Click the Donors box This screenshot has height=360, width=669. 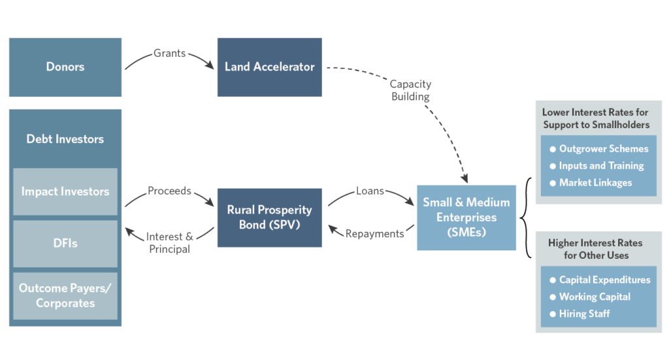65,67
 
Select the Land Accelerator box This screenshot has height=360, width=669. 269,67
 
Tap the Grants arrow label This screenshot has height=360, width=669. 169,53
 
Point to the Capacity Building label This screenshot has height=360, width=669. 410,90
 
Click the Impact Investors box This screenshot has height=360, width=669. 65,191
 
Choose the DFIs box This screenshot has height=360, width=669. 65,244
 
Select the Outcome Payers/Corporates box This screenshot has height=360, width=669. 65,295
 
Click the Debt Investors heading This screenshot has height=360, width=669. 65,139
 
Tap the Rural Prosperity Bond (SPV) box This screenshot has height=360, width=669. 269,217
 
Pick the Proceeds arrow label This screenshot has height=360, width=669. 169,191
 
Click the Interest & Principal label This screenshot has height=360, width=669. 169,242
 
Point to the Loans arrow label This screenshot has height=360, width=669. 370,191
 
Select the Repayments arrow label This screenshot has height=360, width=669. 374,233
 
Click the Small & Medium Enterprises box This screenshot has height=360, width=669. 466,217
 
